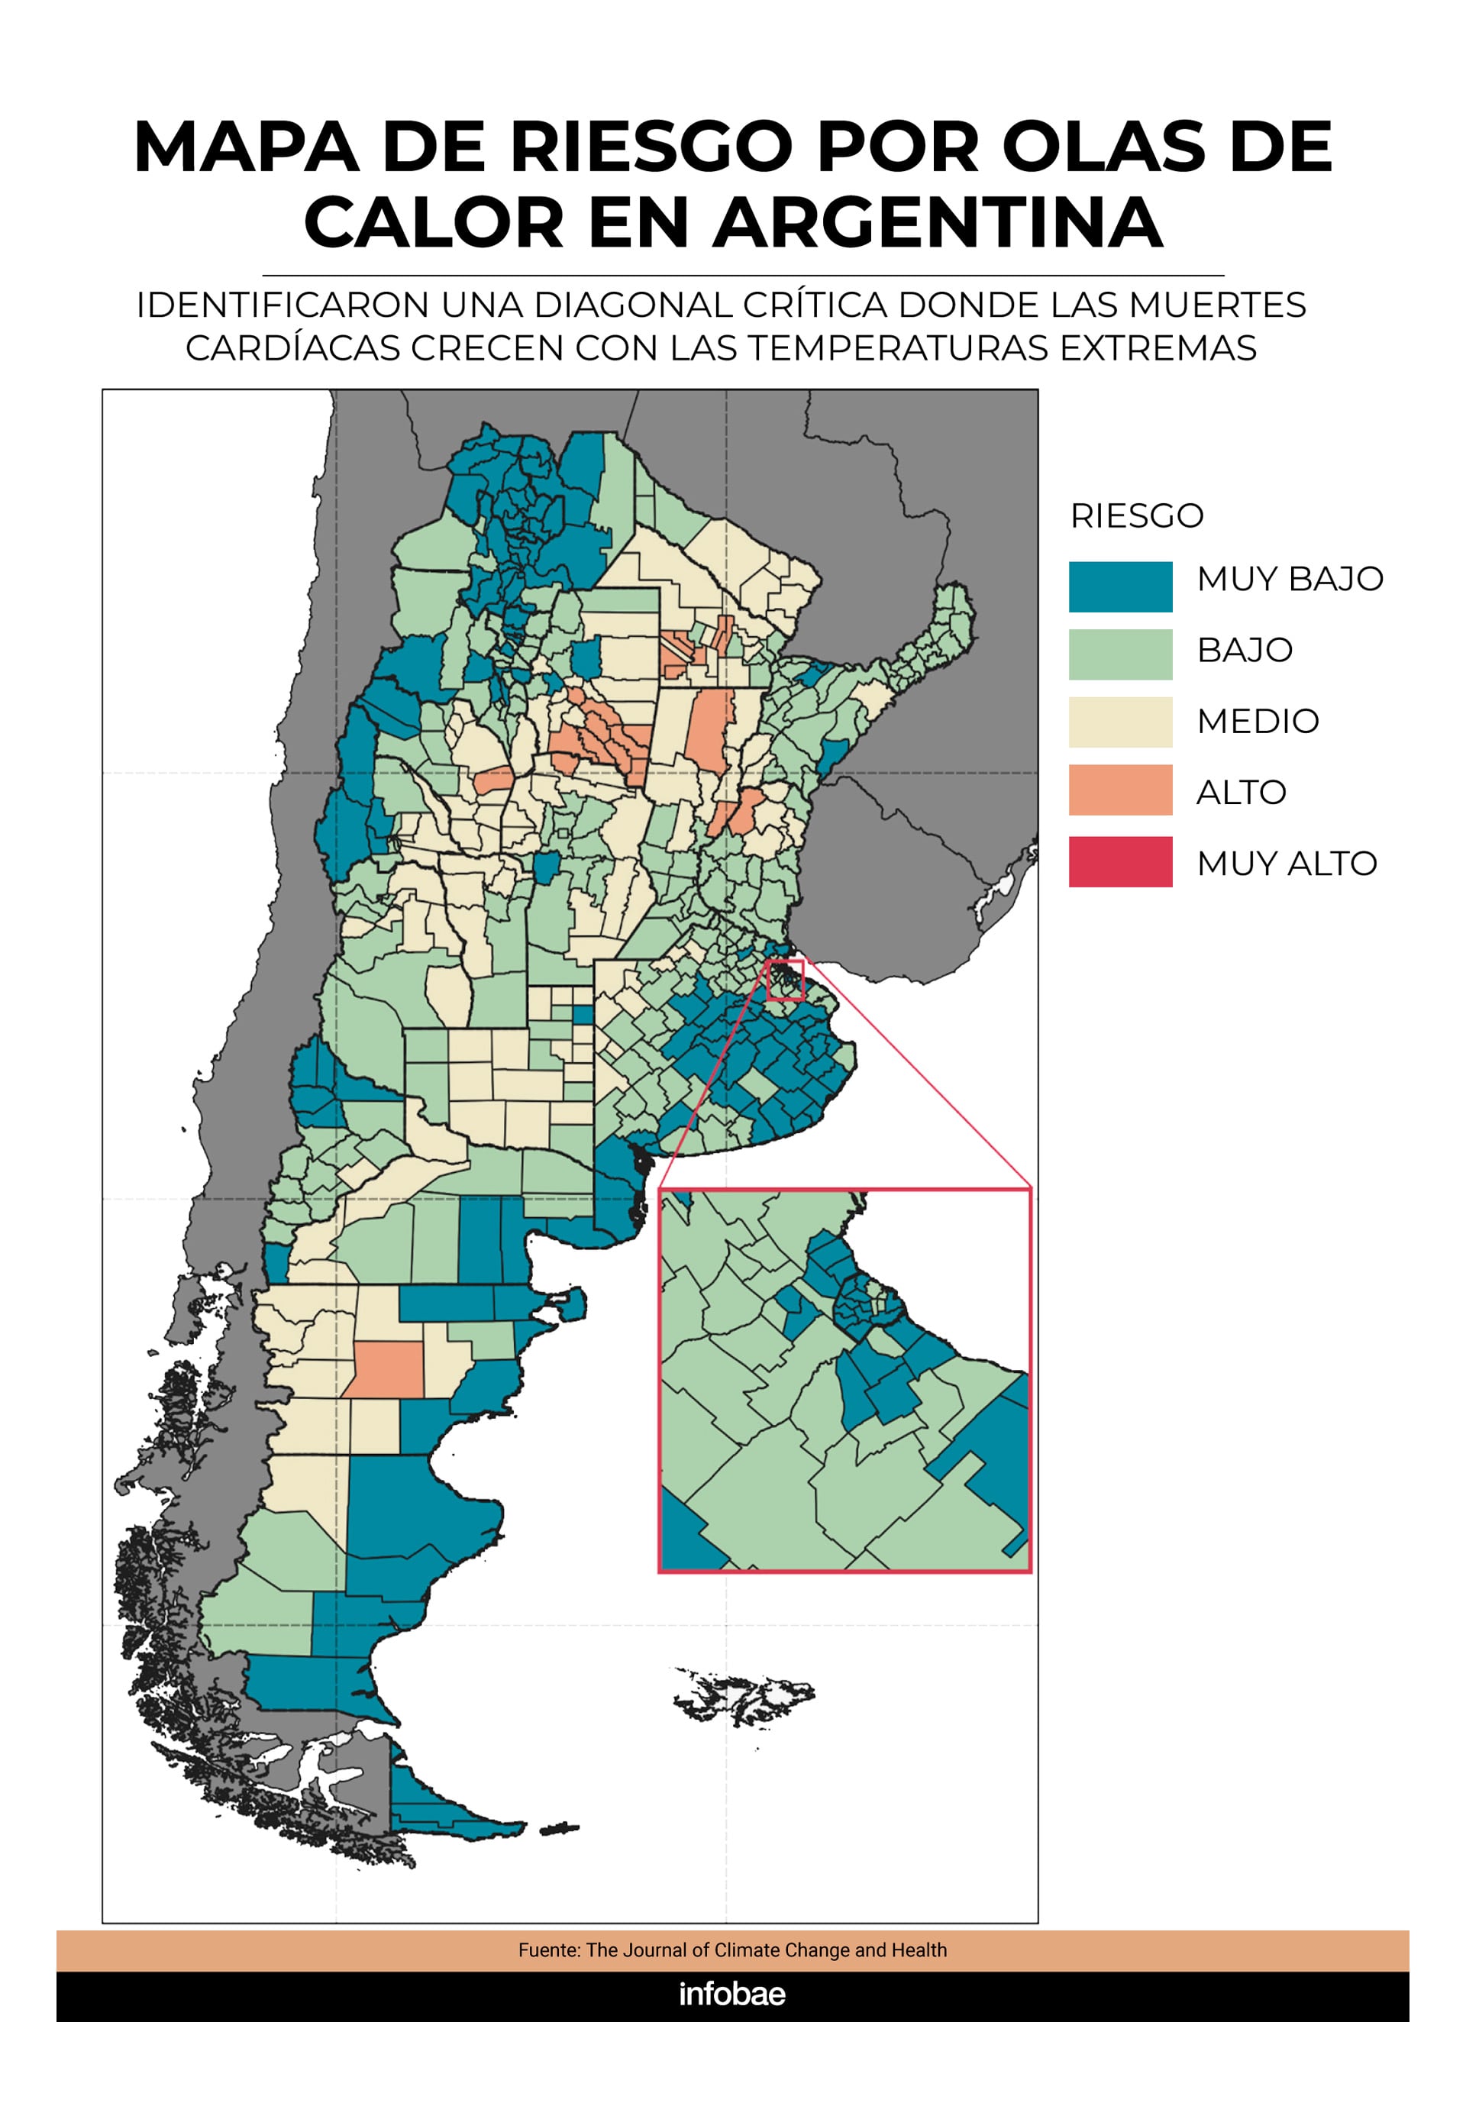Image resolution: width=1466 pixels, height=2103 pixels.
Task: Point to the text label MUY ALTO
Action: (x=1286, y=863)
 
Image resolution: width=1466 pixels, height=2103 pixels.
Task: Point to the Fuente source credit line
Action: (x=731, y=1949)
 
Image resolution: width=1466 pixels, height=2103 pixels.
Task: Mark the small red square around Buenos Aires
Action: (x=786, y=980)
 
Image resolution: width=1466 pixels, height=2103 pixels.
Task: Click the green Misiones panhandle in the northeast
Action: (x=934, y=632)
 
